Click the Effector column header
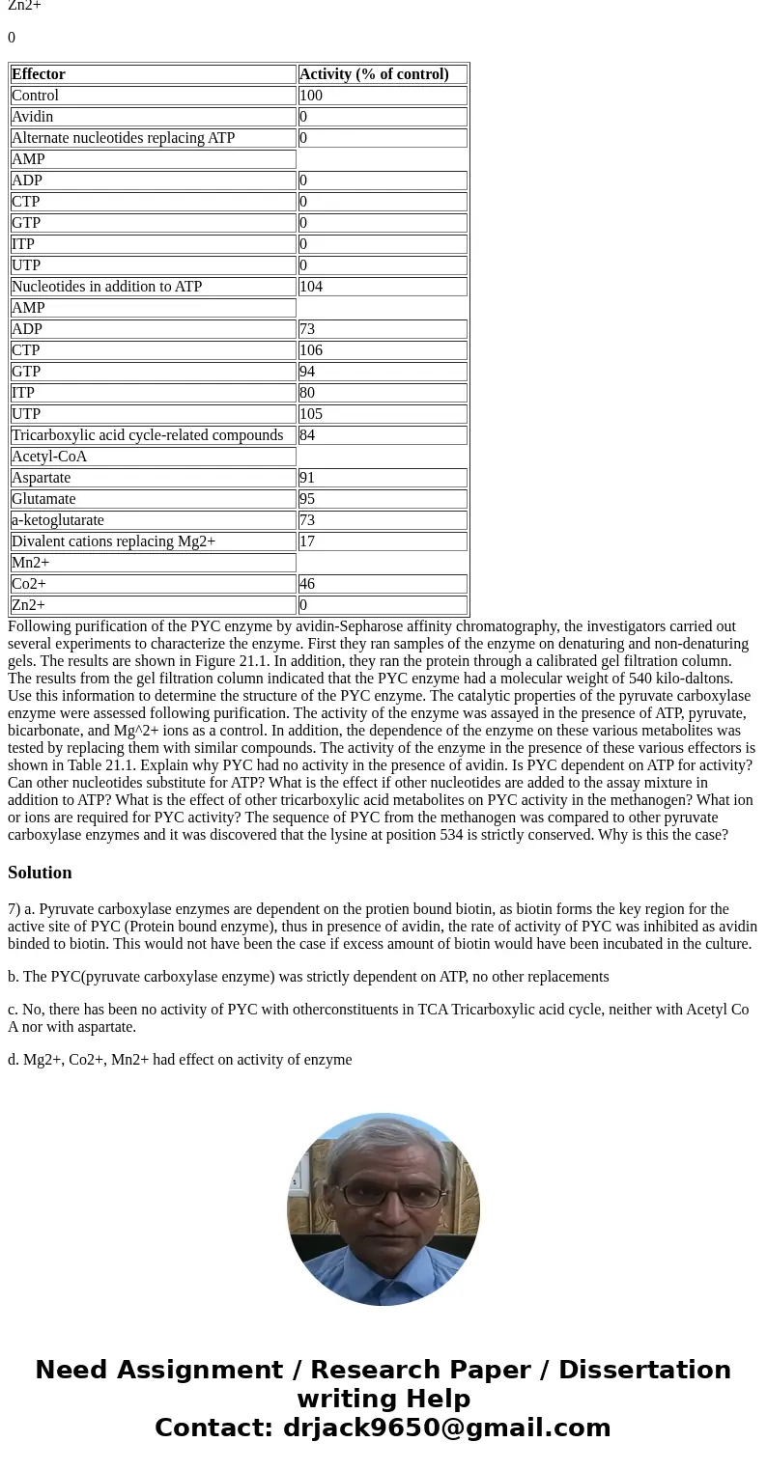pyautogui.click(x=39, y=74)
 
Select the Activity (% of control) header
pyautogui.click(x=374, y=74)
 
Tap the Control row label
pyautogui.click(x=35, y=96)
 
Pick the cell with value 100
pyautogui.click(x=311, y=96)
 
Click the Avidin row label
pyautogui.click(x=33, y=117)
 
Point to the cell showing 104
pyautogui.click(x=311, y=287)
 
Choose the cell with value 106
pyautogui.click(x=311, y=350)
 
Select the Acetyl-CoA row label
pyautogui.click(x=49, y=457)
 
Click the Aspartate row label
pyautogui.click(x=41, y=478)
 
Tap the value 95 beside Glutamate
pyautogui.click(x=307, y=499)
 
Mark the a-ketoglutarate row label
pyautogui.click(x=58, y=520)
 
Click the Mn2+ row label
pyautogui.click(x=30, y=563)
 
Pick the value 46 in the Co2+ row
pyautogui.click(x=307, y=584)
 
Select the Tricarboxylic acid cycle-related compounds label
pyautogui.click(x=147, y=435)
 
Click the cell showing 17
pyautogui.click(x=307, y=541)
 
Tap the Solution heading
pyautogui.click(x=40, y=873)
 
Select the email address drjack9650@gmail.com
pyautogui.click(x=446, y=1428)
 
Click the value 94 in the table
pyautogui.click(x=307, y=372)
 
